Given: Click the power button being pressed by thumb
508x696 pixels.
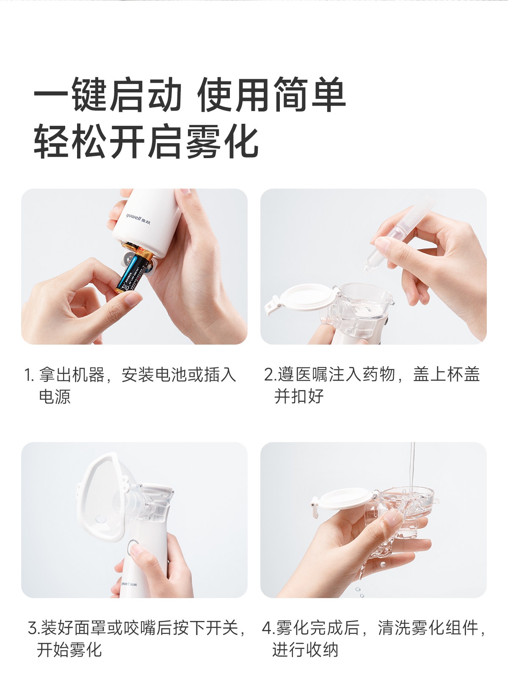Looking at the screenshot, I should [133, 546].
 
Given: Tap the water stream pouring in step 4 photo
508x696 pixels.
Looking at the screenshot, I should [412, 466].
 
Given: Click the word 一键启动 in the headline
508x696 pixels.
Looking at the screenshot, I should [108, 95].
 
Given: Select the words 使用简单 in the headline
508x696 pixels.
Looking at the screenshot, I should [271, 95].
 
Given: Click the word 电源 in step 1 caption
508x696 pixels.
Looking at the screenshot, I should [55, 397].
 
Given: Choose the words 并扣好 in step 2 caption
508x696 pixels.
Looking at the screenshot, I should [299, 396].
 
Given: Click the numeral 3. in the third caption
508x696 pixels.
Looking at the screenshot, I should [33, 628].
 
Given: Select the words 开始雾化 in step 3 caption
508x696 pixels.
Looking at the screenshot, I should [69, 649].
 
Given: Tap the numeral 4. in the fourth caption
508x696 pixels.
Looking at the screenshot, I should [268, 628].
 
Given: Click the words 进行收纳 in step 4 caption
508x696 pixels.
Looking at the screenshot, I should [305, 649].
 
